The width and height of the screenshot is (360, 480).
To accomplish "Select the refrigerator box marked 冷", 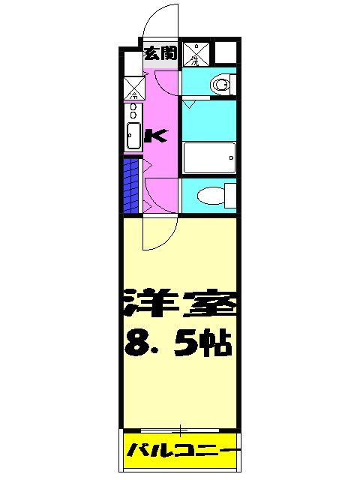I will click(x=133, y=88).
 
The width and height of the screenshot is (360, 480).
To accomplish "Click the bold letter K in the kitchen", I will click(x=156, y=135).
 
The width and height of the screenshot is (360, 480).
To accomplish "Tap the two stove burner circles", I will click(x=133, y=112).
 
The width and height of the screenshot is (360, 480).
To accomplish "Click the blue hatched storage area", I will click(x=131, y=185).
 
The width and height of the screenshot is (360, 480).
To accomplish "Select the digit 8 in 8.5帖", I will click(x=136, y=344).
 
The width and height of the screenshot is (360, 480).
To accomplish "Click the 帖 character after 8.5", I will click(x=217, y=344).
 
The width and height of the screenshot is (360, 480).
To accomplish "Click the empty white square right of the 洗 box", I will click(x=225, y=52).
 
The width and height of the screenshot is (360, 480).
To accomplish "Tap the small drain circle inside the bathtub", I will click(x=228, y=158).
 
